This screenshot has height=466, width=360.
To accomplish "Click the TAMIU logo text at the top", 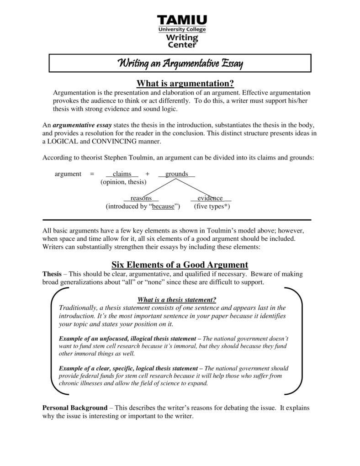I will (x=182, y=21).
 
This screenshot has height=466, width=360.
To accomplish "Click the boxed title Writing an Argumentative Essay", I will (x=180, y=63).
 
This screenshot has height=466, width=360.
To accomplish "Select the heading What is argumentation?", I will (x=185, y=83).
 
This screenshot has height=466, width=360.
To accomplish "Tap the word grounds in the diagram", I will (x=176, y=174).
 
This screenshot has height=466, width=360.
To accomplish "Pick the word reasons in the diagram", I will (x=141, y=198).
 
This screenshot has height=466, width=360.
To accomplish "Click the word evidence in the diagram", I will (x=210, y=198).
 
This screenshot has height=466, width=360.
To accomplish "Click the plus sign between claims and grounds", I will (x=147, y=174).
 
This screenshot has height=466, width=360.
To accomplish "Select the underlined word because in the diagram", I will (x=163, y=206).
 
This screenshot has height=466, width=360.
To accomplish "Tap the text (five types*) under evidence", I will (x=212, y=206).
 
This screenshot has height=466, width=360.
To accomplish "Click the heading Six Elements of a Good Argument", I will (x=180, y=265).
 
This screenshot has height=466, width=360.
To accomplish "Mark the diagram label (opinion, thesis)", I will (x=123, y=182).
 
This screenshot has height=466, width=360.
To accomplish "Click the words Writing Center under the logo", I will (x=182, y=41).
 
